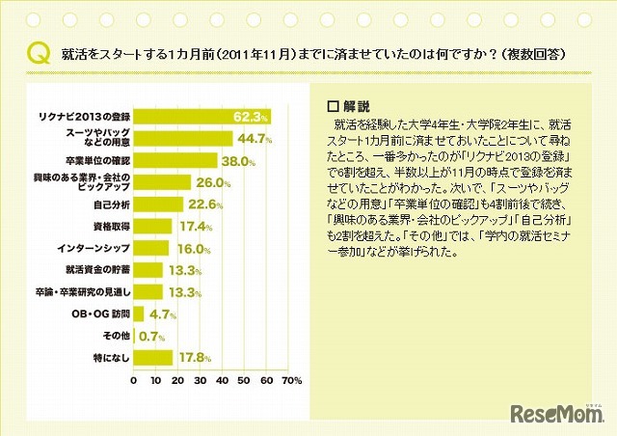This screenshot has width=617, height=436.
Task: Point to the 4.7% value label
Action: (x=163, y=313)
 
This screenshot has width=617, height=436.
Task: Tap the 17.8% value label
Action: (x=193, y=358)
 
